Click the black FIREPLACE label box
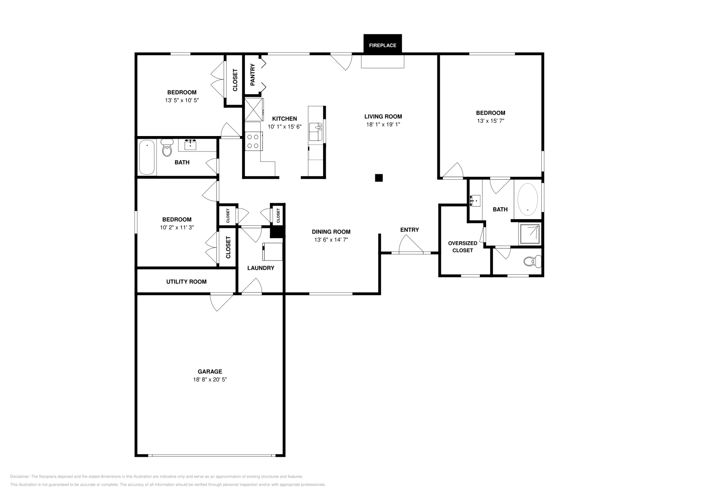point(382,45)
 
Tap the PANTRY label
point(253,75)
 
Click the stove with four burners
point(254,141)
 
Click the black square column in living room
point(379,178)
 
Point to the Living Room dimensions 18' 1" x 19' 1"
point(383,125)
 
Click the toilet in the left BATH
point(167,148)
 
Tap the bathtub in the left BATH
point(147,157)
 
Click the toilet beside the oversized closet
point(531,262)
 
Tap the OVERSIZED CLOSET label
point(462,246)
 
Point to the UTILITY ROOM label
point(186,281)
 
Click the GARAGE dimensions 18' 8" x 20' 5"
point(209,379)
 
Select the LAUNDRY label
point(261,268)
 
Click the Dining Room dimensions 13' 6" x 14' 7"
point(331,239)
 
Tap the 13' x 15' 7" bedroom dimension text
point(490,121)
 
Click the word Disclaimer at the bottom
point(19,477)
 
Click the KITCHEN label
point(284,118)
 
